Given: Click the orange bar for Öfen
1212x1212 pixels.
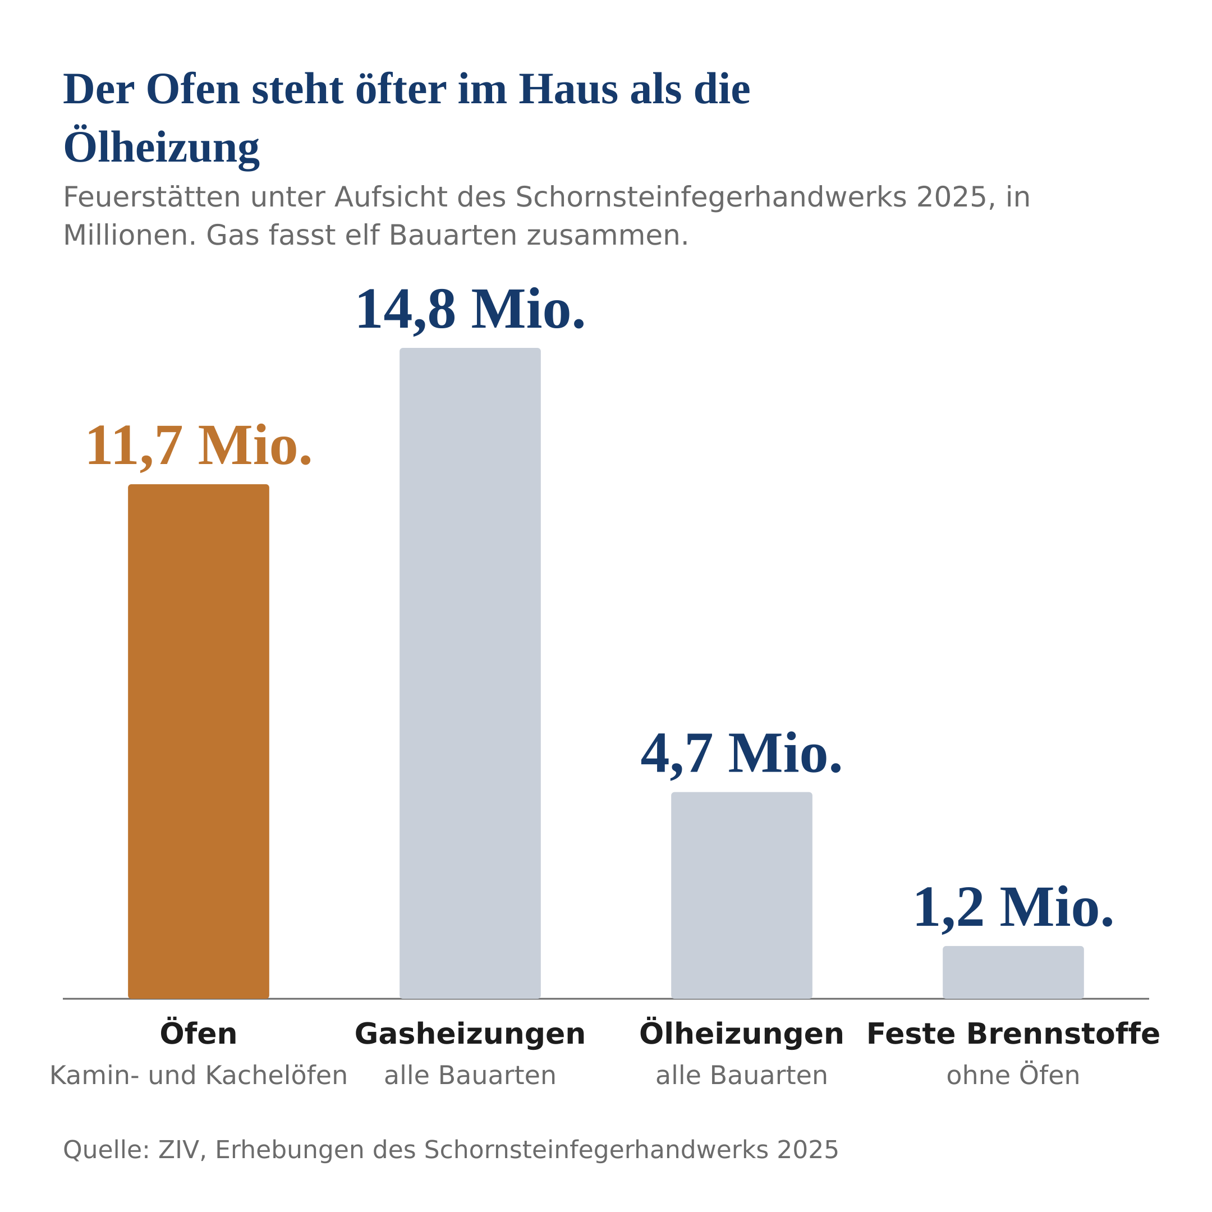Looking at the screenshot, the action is (x=198, y=741).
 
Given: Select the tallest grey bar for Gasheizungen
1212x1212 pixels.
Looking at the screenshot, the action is (x=470, y=673).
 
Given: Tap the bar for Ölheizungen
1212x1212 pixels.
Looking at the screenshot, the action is (x=741, y=895).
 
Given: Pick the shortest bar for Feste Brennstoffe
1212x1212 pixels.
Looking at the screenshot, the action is (x=1013, y=972).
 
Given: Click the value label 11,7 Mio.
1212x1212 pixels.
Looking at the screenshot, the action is (x=198, y=447).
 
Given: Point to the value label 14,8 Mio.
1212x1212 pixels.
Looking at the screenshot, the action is (x=470, y=310).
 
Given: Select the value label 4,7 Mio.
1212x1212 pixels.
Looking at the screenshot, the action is (x=741, y=755).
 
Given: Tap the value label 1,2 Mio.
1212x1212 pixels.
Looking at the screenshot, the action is (x=1013, y=908).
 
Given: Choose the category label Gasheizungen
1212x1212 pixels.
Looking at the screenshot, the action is (x=470, y=1035).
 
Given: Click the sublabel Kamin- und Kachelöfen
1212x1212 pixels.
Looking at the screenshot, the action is (x=198, y=1075).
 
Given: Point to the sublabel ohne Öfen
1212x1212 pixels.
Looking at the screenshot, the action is (x=1013, y=1075).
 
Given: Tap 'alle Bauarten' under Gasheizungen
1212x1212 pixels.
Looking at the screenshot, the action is (x=470, y=1075).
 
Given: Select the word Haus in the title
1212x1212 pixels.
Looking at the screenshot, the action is (x=568, y=90).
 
